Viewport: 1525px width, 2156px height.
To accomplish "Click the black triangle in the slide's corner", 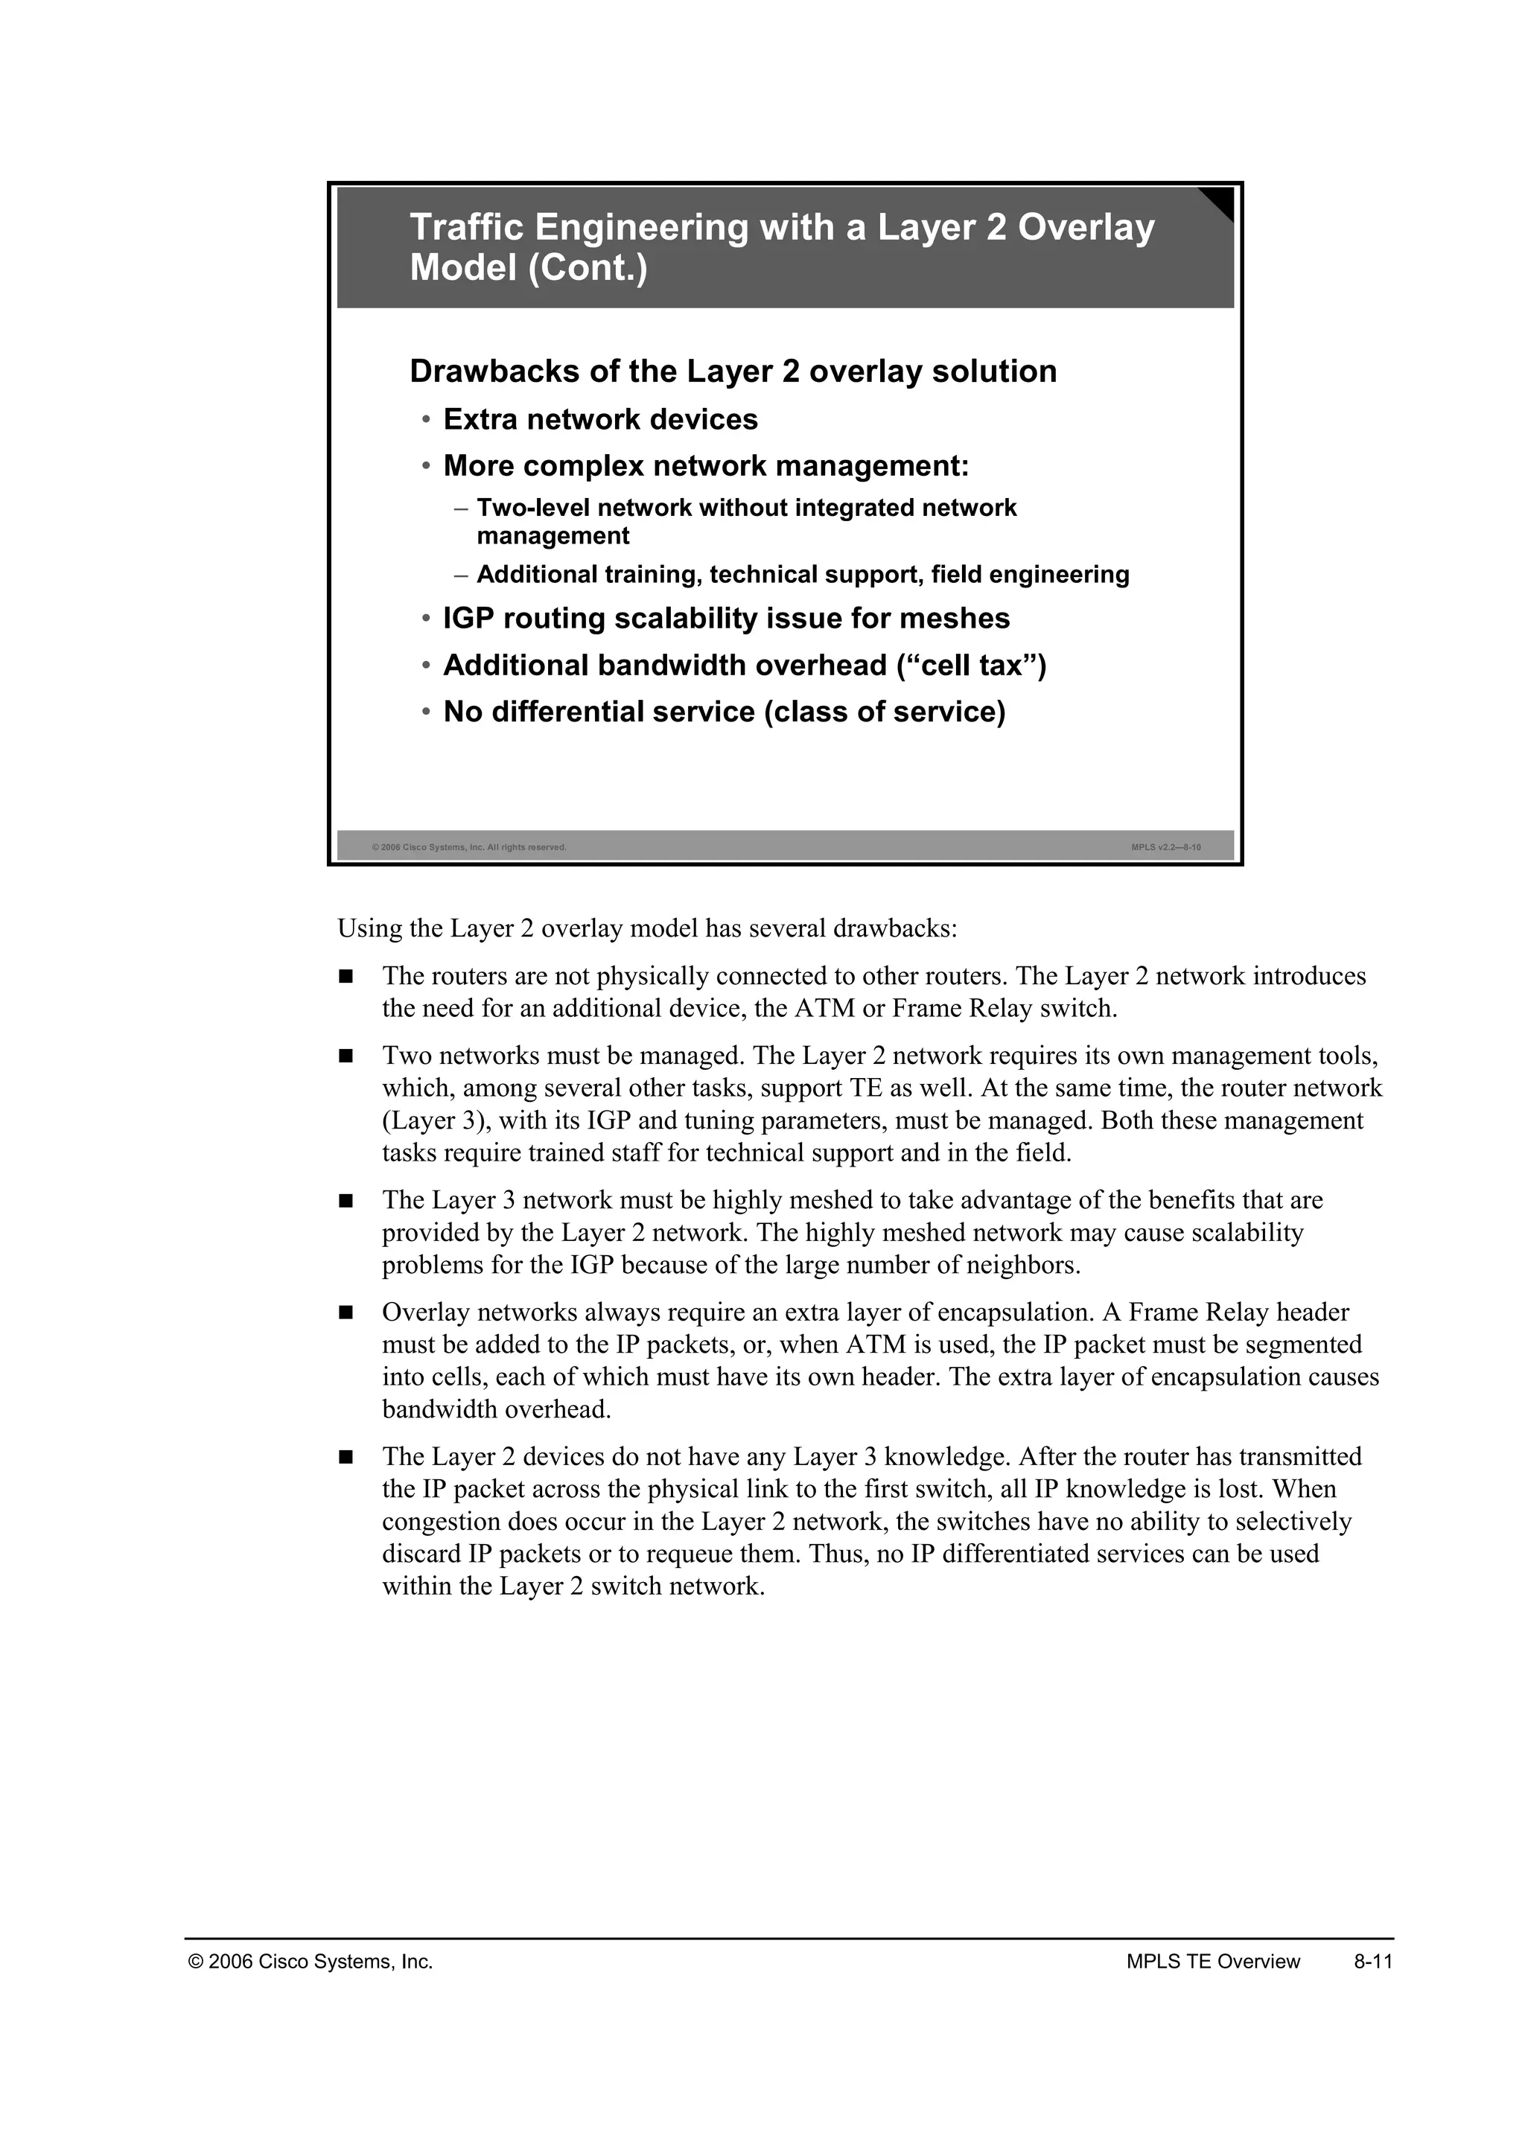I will click(x=1220, y=200).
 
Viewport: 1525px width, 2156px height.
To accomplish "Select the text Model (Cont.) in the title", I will click(x=528, y=269).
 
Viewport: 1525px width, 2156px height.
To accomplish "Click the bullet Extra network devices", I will click(x=600, y=420).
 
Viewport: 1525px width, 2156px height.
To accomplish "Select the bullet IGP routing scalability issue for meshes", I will click(x=726, y=619).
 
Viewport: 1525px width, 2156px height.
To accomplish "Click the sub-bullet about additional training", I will click(x=802, y=575).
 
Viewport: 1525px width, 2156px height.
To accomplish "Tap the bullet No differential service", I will click(x=724, y=712).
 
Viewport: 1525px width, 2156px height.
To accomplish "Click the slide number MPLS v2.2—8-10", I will click(x=1165, y=847).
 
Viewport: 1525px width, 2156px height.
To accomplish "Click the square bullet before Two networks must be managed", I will click(x=346, y=1056).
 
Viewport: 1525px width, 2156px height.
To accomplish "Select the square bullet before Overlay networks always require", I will click(x=346, y=1313).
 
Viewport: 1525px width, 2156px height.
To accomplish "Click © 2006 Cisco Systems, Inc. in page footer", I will click(x=311, y=1962).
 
